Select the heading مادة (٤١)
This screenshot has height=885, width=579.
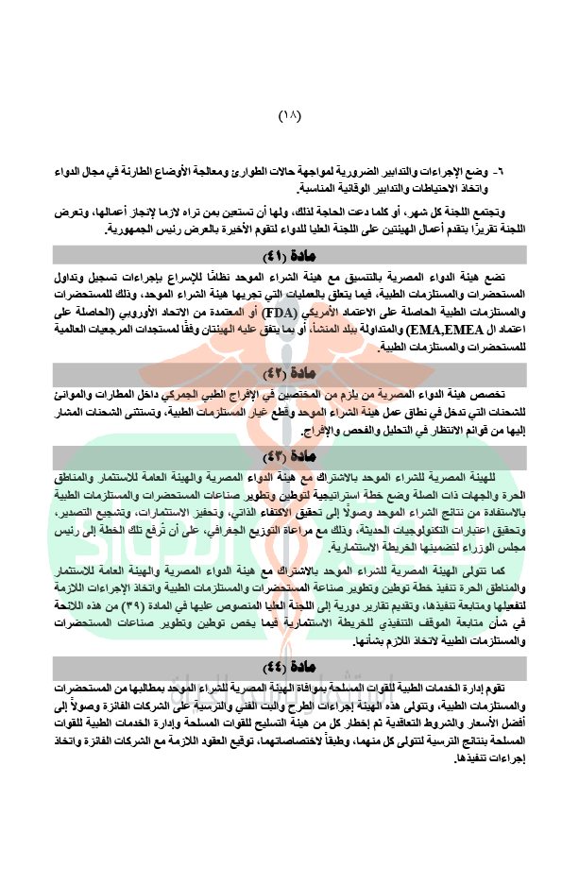point(289,256)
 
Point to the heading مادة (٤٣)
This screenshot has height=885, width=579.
point(289,459)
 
